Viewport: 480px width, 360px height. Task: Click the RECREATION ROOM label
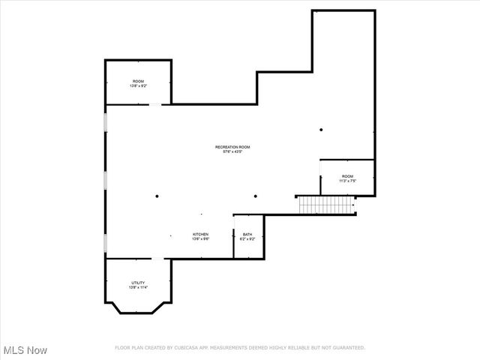[232, 147]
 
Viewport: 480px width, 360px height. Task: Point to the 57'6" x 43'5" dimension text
[232, 152]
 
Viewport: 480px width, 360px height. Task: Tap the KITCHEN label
[200, 235]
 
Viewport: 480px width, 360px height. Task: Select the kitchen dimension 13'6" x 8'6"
[200, 239]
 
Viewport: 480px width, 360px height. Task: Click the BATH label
[247, 235]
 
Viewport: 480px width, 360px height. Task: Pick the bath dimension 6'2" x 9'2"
[247, 239]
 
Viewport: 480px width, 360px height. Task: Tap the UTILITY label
[138, 283]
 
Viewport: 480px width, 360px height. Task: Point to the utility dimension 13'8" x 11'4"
[138, 287]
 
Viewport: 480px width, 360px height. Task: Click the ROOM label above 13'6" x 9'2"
[138, 81]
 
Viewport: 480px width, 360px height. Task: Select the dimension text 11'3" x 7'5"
[347, 181]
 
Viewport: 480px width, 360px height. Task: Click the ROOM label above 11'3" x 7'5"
[347, 176]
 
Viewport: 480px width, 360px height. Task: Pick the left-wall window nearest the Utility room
[106, 244]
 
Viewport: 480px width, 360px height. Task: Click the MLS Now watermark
[25, 350]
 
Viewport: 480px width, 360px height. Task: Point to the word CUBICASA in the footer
[188, 348]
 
